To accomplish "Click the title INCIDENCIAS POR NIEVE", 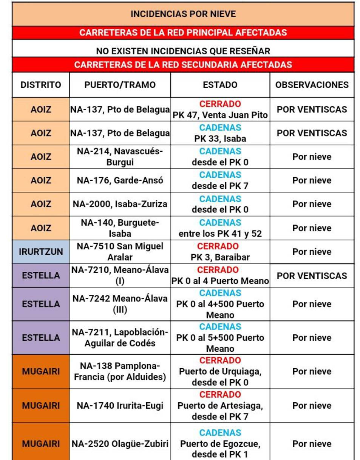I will [x=183, y=14].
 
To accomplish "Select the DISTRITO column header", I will [x=41, y=85].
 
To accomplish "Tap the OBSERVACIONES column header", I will [x=312, y=85].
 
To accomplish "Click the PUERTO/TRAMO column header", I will [x=120, y=85].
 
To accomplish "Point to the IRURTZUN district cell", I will [x=41, y=252].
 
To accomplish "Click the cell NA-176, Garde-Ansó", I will [x=120, y=180].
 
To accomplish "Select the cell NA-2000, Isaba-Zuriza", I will [x=120, y=204].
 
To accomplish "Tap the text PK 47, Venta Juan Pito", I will [x=220, y=115].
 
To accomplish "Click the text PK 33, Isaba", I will [x=220, y=138].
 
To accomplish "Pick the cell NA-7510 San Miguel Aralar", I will [x=120, y=252].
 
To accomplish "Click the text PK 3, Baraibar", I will [x=220, y=258].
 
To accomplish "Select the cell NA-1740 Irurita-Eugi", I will [x=120, y=406].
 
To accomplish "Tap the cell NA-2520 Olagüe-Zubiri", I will [x=120, y=444].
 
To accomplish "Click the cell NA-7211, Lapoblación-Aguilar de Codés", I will [x=120, y=338].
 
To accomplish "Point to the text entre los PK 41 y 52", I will [x=220, y=234].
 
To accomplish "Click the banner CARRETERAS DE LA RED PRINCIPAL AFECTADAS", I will [x=183, y=32].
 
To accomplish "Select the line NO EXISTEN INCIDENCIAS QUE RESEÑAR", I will [x=183, y=51].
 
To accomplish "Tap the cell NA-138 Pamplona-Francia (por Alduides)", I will [x=120, y=371].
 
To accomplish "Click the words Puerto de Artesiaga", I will [x=220, y=406].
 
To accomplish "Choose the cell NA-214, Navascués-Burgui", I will [x=120, y=157].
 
